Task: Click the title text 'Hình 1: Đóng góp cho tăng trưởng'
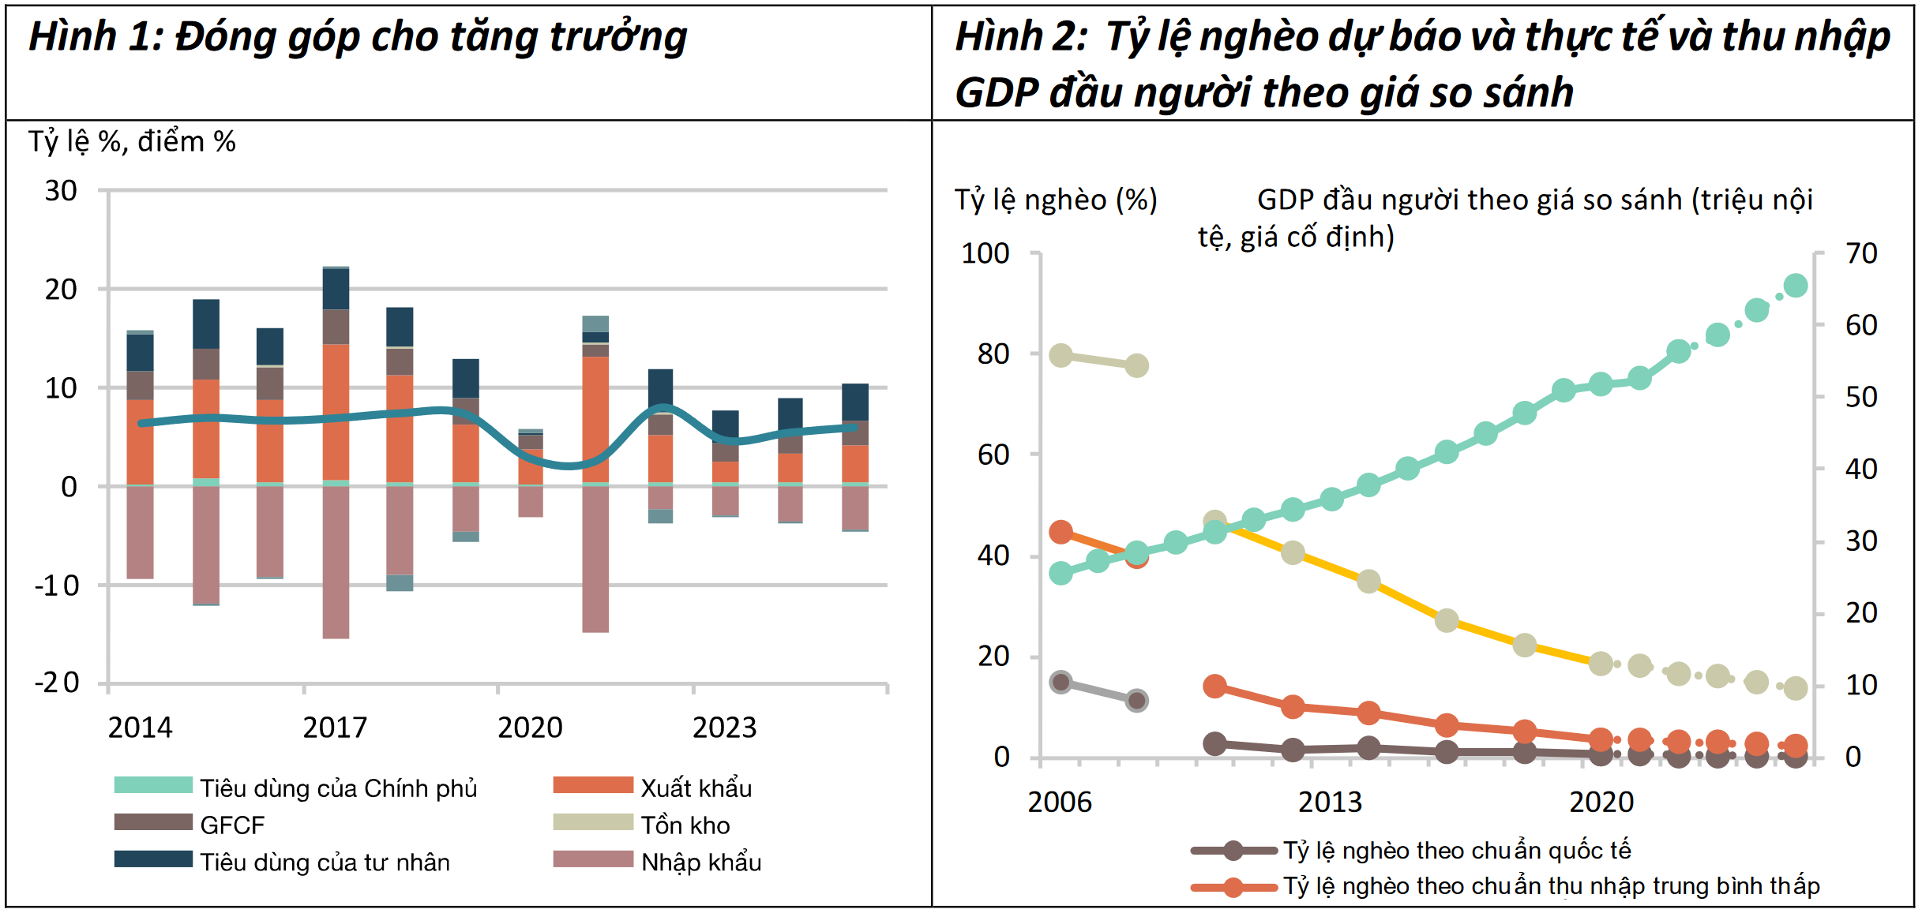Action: tap(357, 37)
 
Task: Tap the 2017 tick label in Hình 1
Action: tap(335, 728)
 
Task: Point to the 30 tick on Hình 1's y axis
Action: tap(61, 191)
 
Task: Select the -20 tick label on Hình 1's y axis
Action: tap(57, 683)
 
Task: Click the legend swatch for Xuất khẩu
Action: tap(593, 785)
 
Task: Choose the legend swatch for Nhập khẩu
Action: tap(593, 859)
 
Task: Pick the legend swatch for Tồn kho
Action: tap(593, 822)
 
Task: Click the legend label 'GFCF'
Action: tap(232, 825)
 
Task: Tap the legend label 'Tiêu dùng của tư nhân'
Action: tap(325, 862)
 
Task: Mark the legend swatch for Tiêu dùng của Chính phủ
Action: tap(153, 785)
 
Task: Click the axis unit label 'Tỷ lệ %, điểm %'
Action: tap(132, 142)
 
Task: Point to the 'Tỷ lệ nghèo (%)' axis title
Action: tap(1056, 200)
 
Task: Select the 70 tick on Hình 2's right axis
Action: tap(1861, 254)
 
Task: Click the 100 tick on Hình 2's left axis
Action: tap(985, 254)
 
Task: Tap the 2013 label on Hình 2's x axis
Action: tap(1330, 803)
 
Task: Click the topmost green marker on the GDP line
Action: tap(1796, 286)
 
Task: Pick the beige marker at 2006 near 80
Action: tap(1060, 355)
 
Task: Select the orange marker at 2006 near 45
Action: tap(1060, 532)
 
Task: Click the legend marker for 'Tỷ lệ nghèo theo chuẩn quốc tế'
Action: tap(1233, 851)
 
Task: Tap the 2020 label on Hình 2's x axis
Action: tap(1601, 803)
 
